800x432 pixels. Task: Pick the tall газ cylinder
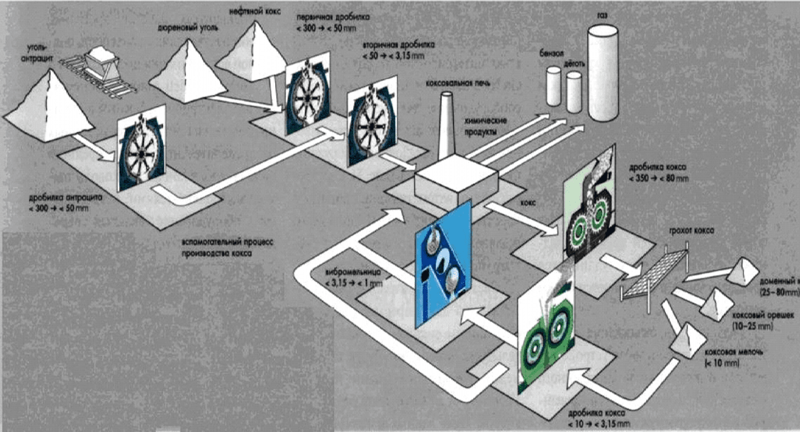point(602,74)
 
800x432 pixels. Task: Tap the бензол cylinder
point(553,86)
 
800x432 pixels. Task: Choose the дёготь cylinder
point(574,92)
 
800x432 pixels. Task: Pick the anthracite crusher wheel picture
point(141,152)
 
